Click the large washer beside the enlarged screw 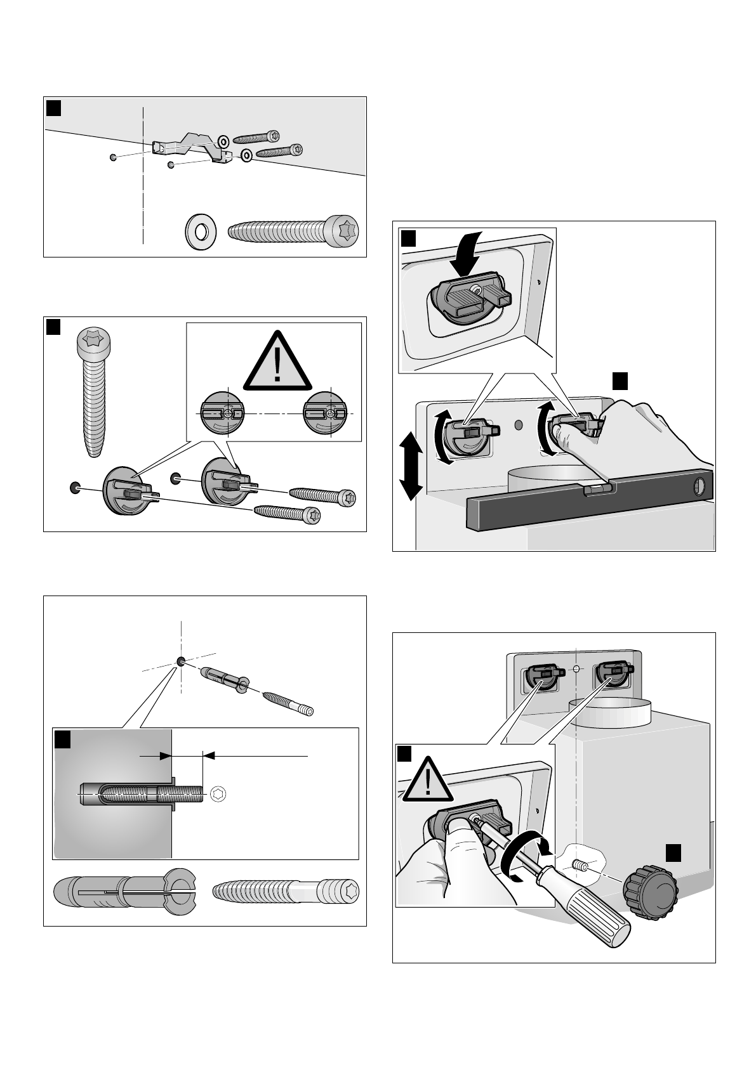coord(201,229)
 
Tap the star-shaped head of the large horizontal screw coord(344,229)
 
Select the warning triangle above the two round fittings coord(277,363)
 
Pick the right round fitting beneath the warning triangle coord(327,414)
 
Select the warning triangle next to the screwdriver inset coord(428,782)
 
